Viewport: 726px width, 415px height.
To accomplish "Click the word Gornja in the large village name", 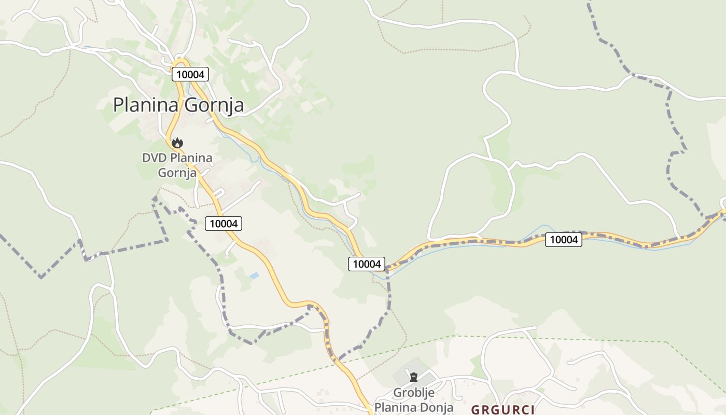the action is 214,105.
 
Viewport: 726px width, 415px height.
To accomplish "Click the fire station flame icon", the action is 177,143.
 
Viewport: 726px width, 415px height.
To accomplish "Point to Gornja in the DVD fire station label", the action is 177,172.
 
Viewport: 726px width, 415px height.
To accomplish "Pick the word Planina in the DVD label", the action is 191,157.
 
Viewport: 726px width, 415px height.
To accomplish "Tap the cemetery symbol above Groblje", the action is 414,377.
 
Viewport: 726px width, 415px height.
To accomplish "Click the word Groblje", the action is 414,393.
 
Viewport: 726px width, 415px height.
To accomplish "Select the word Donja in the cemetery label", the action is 437,407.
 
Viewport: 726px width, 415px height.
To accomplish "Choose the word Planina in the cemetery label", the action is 394,407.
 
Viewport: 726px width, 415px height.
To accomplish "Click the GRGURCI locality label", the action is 502,410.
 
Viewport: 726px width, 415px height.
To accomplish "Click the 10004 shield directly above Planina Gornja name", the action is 190,74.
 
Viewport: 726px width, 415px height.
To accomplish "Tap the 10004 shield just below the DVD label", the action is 224,224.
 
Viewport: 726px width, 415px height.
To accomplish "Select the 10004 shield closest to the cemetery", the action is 367,264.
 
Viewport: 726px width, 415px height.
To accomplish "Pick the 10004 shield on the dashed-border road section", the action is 564,239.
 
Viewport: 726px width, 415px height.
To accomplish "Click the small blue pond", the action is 254,276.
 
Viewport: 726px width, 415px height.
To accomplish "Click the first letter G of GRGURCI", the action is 474,410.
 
